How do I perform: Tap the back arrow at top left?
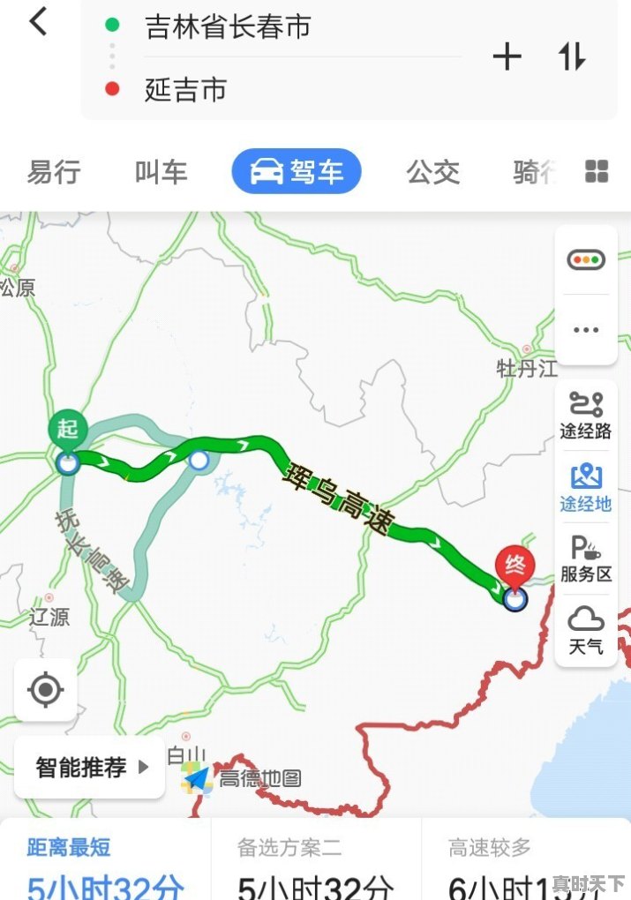coord(38,22)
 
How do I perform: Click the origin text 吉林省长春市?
coord(228,26)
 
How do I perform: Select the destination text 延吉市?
coord(186,89)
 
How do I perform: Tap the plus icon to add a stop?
coord(507,57)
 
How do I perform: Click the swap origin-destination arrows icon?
coord(571,57)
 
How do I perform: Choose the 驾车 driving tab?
coord(297,171)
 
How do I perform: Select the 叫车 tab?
coord(161,172)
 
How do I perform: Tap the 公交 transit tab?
coord(432,172)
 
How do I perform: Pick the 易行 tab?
coord(53,172)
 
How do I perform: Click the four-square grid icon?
coord(597,171)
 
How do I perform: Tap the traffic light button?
coord(585,260)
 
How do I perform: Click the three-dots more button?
coord(585,330)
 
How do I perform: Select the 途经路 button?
coord(585,415)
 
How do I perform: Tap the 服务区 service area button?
coord(585,559)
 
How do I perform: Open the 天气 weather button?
coord(585,630)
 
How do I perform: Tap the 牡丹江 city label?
coord(527,369)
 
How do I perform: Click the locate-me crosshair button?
coord(46,689)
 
